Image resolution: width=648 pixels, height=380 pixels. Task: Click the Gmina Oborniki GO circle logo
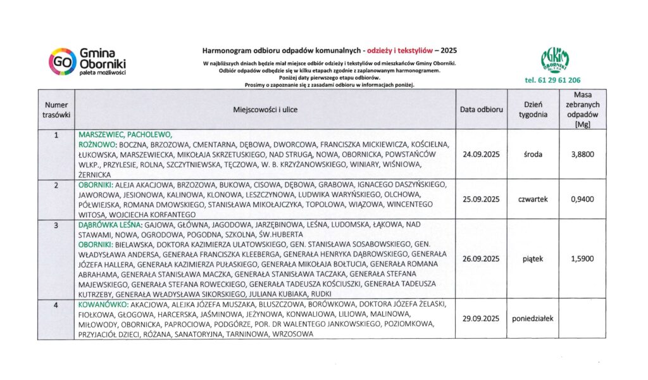click(63, 61)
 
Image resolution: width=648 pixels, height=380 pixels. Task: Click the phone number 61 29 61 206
click(552, 80)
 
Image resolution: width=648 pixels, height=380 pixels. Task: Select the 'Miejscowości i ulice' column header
click(265, 110)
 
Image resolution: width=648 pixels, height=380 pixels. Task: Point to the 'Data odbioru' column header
click(482, 110)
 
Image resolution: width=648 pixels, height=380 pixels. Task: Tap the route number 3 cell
click(56, 225)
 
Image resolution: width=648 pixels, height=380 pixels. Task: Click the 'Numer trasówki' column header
click(56, 110)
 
